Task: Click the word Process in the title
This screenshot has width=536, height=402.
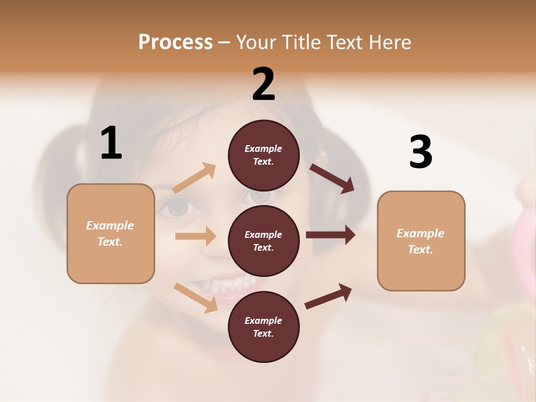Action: pyautogui.click(x=175, y=42)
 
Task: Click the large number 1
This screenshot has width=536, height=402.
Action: pyautogui.click(x=111, y=143)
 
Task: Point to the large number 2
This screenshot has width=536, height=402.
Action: pyautogui.click(x=264, y=84)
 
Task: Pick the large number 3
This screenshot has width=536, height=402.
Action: pyautogui.click(x=420, y=152)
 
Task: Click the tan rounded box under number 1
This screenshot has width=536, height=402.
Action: pyautogui.click(x=111, y=233)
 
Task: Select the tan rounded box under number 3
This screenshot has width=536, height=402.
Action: pyautogui.click(x=421, y=241)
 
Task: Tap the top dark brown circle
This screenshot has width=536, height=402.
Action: pyautogui.click(x=264, y=155)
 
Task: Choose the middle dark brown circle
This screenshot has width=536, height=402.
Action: pyautogui.click(x=264, y=241)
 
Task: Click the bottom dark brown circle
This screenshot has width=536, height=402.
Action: pyautogui.click(x=264, y=327)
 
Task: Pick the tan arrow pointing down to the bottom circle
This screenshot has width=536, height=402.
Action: pyautogui.click(x=195, y=298)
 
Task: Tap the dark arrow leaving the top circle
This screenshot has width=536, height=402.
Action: pyautogui.click(x=332, y=178)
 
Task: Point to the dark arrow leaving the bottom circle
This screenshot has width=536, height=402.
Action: pyautogui.click(x=328, y=296)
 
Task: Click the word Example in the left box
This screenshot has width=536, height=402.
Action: pyautogui.click(x=110, y=226)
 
